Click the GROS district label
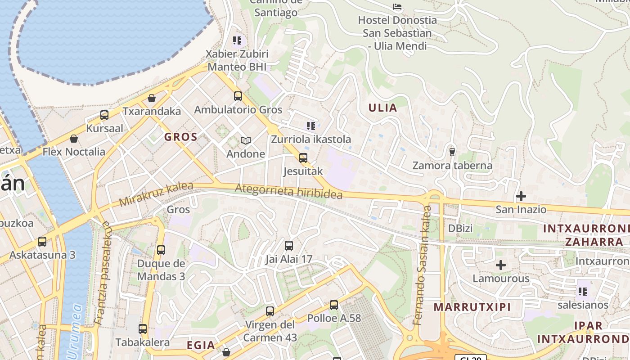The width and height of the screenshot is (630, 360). point(180,137)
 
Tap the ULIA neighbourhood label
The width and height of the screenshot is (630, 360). point(382,108)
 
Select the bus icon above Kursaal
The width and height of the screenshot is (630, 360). point(104,115)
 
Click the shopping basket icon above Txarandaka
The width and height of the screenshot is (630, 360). point(152,98)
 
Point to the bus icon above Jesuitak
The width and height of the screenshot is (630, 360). point(303,157)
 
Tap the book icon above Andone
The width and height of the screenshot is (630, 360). point(245,140)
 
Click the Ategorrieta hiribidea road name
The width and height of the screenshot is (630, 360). point(288,191)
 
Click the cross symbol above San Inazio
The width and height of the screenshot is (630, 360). point(521,196)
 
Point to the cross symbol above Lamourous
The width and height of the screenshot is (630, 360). point(500,265)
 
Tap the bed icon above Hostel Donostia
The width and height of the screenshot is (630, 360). point(397,7)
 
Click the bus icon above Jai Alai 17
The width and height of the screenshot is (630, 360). point(289,246)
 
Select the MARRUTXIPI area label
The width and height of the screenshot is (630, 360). point(472,307)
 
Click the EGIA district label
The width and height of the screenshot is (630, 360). point(201,345)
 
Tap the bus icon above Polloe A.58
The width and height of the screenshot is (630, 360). point(334,305)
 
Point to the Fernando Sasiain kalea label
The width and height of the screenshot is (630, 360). point(422,265)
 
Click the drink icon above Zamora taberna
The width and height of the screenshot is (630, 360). point(452,152)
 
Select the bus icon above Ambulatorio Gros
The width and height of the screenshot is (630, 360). point(238,96)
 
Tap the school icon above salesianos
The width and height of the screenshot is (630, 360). point(583,292)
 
